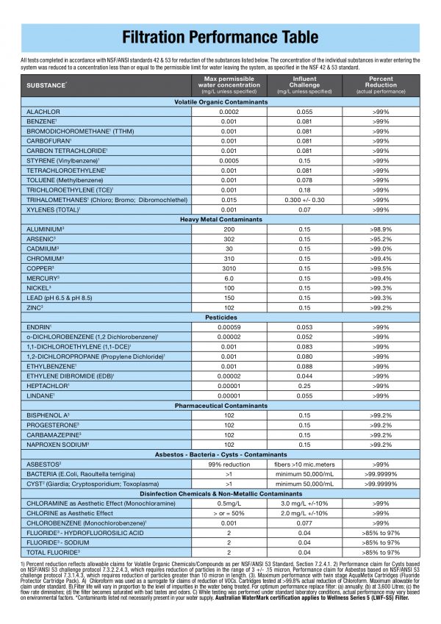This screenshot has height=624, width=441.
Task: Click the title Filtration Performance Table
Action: pyautogui.click(x=220, y=37)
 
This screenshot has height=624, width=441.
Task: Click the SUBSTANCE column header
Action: pyautogui.click(x=47, y=85)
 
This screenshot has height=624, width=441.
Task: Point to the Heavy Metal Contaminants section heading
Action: pyautogui.click(x=220, y=219)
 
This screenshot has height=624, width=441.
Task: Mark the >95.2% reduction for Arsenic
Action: pyautogui.click(x=380, y=239)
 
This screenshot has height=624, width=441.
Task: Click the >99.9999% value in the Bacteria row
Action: pyautogui.click(x=380, y=475)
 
